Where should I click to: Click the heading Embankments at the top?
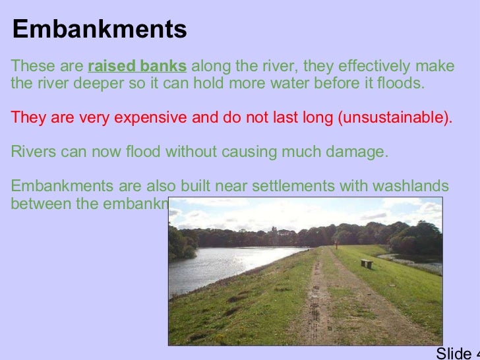pos(100,30)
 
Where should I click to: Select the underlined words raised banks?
pos(137,67)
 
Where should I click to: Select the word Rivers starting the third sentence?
pos(33,152)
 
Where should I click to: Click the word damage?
pos(362,152)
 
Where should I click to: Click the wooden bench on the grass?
pos(367,263)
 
